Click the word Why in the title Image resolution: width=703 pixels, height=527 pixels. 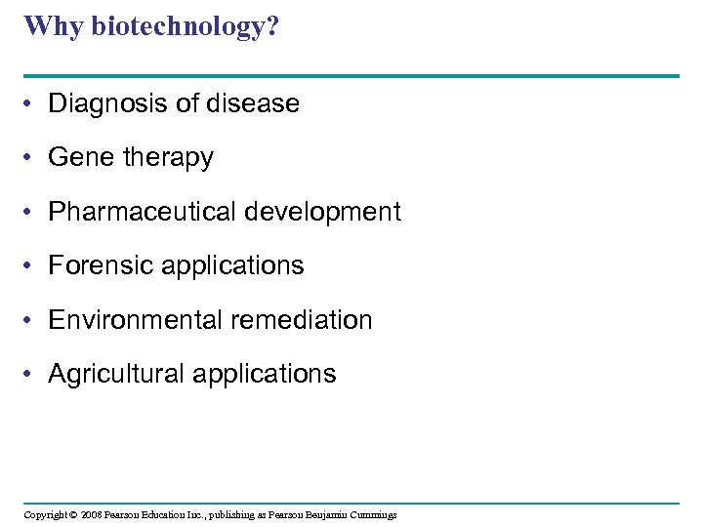[54, 25]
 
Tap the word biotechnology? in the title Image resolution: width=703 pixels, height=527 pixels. [185, 27]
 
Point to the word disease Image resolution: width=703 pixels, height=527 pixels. [254, 103]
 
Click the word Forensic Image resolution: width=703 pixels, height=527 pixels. [102, 265]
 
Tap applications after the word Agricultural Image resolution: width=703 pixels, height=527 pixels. [266, 375]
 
